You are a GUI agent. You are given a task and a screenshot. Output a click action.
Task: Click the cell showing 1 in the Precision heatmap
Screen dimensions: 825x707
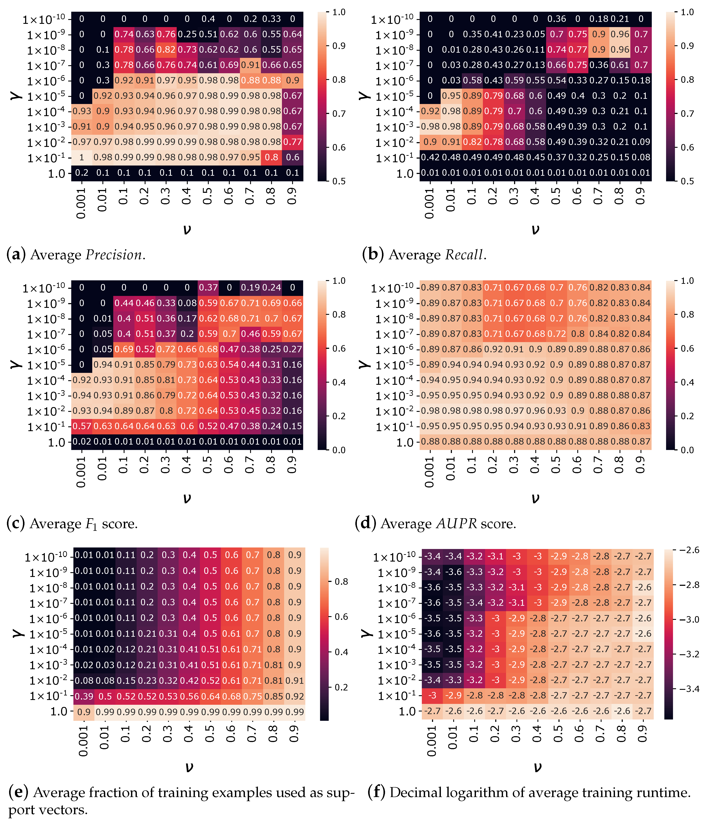point(82,157)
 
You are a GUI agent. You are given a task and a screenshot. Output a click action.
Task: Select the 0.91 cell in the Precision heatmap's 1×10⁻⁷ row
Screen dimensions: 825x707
point(250,65)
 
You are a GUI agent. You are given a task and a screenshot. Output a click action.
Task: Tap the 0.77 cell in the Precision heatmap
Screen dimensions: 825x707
point(292,142)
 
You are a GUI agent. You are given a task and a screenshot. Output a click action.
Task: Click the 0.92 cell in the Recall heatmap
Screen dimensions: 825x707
point(430,111)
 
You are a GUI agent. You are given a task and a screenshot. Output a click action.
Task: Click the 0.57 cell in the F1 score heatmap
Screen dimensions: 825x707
point(82,426)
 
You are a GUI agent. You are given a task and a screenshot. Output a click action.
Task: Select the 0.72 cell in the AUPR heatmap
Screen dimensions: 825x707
point(557,334)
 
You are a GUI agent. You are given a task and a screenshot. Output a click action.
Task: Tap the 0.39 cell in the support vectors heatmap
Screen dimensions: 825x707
point(84,696)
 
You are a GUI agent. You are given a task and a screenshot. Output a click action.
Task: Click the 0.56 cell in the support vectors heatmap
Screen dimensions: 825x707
point(189,696)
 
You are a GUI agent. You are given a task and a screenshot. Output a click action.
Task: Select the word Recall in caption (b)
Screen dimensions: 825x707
point(464,255)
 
